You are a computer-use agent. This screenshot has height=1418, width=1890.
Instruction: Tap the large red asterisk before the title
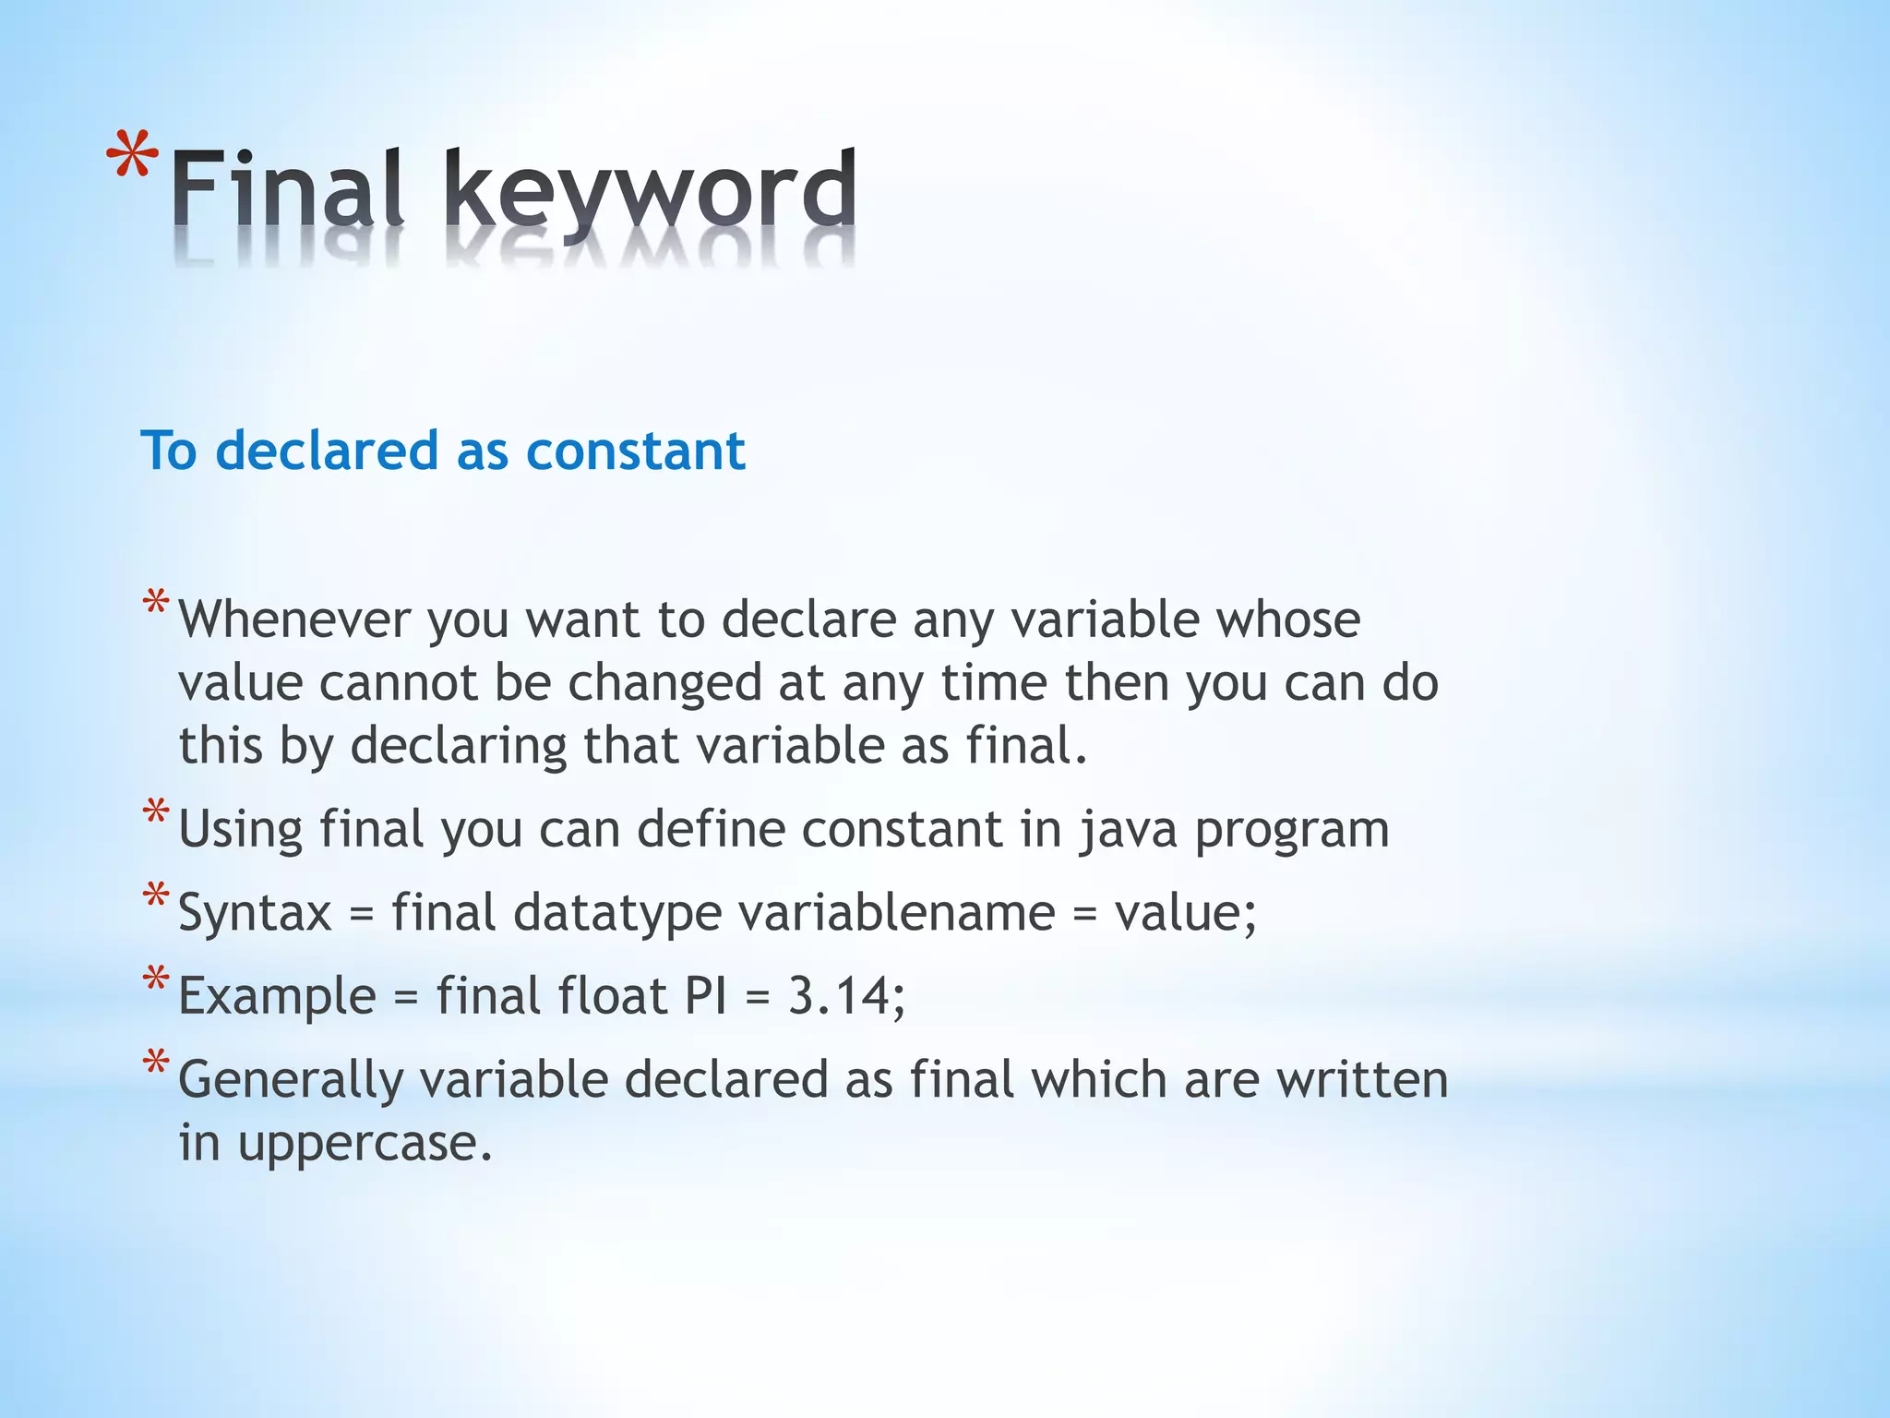point(131,158)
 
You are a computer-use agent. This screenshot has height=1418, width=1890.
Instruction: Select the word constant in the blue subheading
point(635,451)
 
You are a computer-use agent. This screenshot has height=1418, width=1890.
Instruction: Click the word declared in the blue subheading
point(326,451)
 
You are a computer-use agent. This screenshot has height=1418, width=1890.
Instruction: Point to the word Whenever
point(293,619)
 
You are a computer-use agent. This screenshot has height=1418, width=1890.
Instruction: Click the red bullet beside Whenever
point(156,606)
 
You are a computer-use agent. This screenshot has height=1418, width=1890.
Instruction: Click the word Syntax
point(254,914)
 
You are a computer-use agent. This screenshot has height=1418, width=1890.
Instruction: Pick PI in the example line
point(705,996)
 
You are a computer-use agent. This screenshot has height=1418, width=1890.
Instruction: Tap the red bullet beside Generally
point(156,1064)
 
